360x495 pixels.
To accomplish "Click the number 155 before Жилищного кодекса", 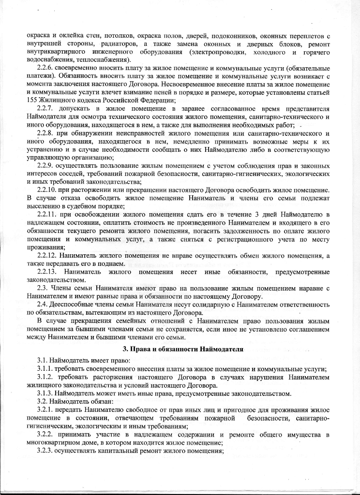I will coord(32,100).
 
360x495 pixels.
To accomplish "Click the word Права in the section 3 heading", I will coord(137,349).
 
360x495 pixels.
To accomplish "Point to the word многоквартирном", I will coord(55,443).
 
